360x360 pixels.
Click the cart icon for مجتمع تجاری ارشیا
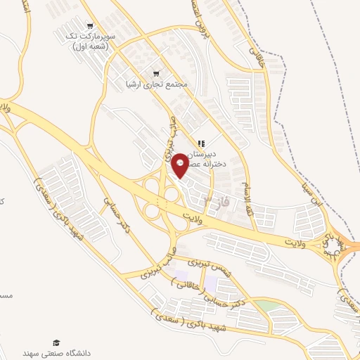click(x=156, y=72)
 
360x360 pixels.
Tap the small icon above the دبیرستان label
click(x=201, y=143)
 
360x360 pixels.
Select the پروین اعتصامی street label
click(x=201, y=20)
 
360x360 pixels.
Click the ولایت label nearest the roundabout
click(x=300, y=243)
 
